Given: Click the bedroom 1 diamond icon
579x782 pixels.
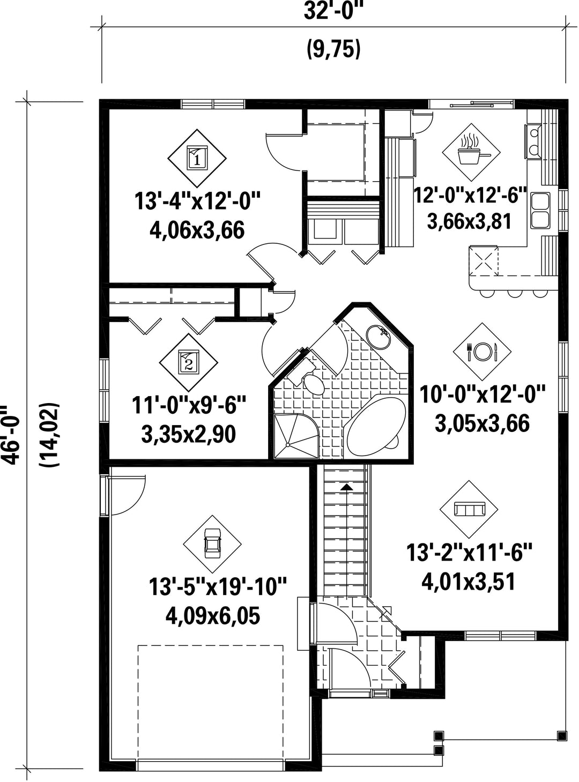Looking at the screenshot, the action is coord(197,158).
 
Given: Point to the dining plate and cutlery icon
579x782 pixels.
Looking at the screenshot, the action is coord(481,352).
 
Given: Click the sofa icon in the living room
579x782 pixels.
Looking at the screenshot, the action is coord(469,509).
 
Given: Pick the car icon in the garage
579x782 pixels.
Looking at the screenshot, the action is coord(212,544).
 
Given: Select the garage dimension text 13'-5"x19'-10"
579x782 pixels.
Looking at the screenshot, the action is coord(217,587).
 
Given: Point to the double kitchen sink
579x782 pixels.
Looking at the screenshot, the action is coord(540,211).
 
